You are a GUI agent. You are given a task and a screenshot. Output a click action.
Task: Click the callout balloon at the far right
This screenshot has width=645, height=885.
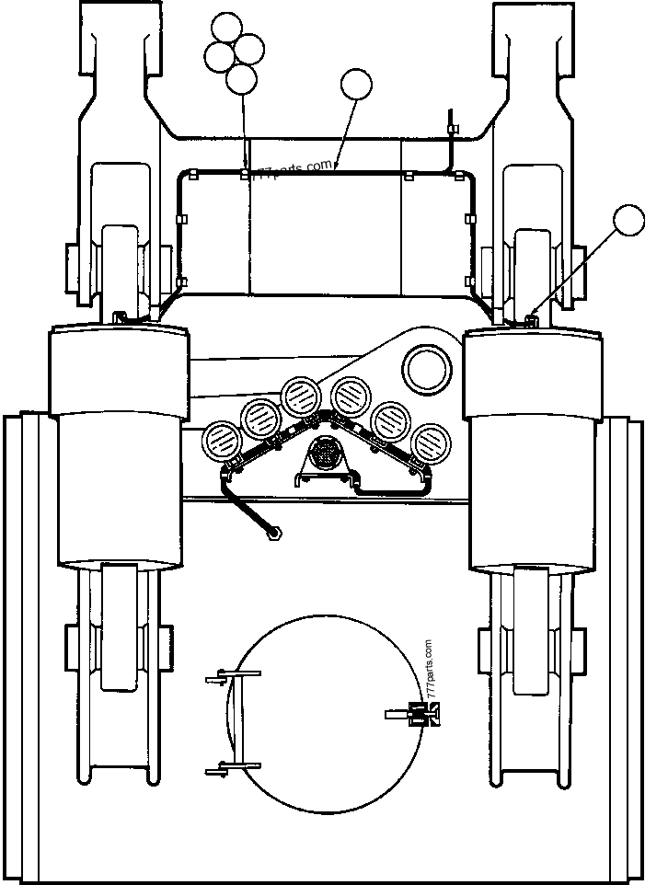pos(629,222)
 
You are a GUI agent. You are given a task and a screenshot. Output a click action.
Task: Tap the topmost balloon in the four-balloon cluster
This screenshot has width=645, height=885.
pos(225,28)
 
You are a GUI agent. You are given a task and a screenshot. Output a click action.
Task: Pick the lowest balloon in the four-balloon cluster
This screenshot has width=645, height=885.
pos(241,78)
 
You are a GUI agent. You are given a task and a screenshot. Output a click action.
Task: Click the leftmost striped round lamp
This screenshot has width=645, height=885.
pos(222,440)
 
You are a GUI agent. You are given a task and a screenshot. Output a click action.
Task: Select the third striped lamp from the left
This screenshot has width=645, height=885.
pos(300,397)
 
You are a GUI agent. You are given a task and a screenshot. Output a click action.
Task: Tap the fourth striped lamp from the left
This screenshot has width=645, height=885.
pos(351,397)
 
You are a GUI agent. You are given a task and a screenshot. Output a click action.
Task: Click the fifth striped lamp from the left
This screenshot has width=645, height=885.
pos(390,420)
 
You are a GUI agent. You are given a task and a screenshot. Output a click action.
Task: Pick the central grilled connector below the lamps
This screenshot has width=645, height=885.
pos(325,454)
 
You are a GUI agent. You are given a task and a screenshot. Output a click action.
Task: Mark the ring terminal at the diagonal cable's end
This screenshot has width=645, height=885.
pos(273,532)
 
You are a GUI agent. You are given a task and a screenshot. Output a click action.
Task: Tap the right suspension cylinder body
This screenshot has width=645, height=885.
pos(534,451)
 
